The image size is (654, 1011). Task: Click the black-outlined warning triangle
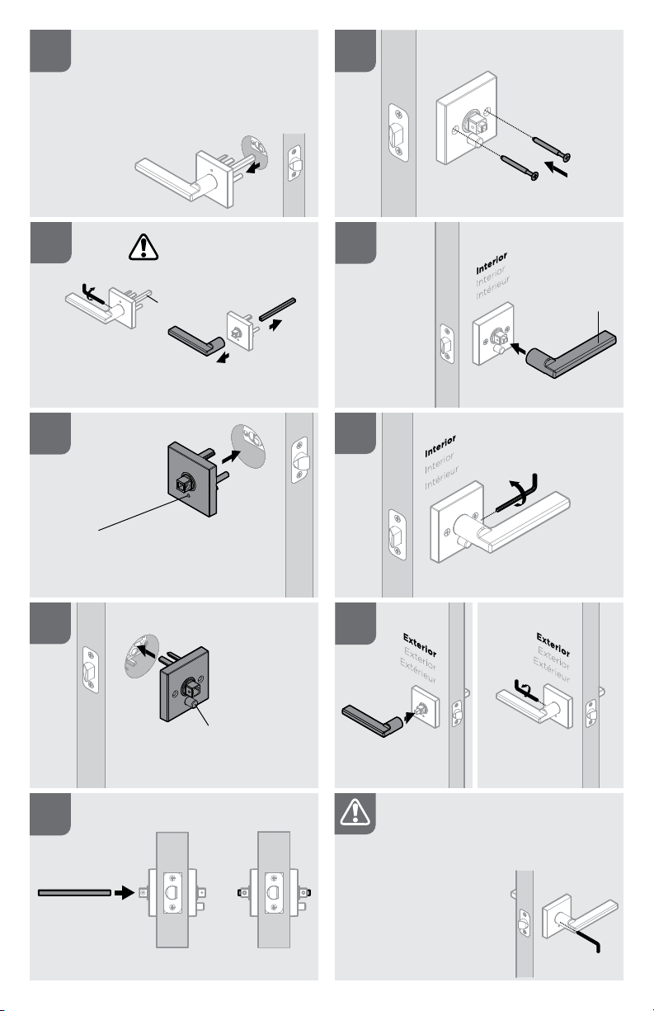click(144, 248)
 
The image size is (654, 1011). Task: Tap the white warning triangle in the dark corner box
click(355, 812)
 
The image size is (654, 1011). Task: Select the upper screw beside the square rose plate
click(551, 148)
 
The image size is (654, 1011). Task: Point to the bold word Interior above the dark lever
click(492, 263)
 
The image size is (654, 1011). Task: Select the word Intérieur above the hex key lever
click(441, 478)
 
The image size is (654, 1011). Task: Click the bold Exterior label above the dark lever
click(420, 645)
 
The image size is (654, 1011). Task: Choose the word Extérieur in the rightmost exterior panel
click(552, 668)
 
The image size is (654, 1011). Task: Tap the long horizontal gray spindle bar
click(74, 893)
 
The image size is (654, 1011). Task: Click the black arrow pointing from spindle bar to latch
click(125, 892)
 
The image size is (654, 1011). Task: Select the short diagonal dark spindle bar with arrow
click(277, 309)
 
